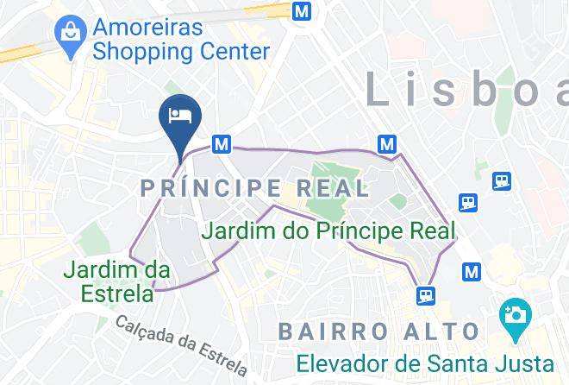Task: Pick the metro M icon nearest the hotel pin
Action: (222, 144)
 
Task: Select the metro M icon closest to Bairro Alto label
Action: (471, 271)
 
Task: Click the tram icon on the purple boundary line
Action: (425, 295)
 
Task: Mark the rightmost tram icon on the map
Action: (502, 180)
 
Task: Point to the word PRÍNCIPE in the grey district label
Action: (210, 187)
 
